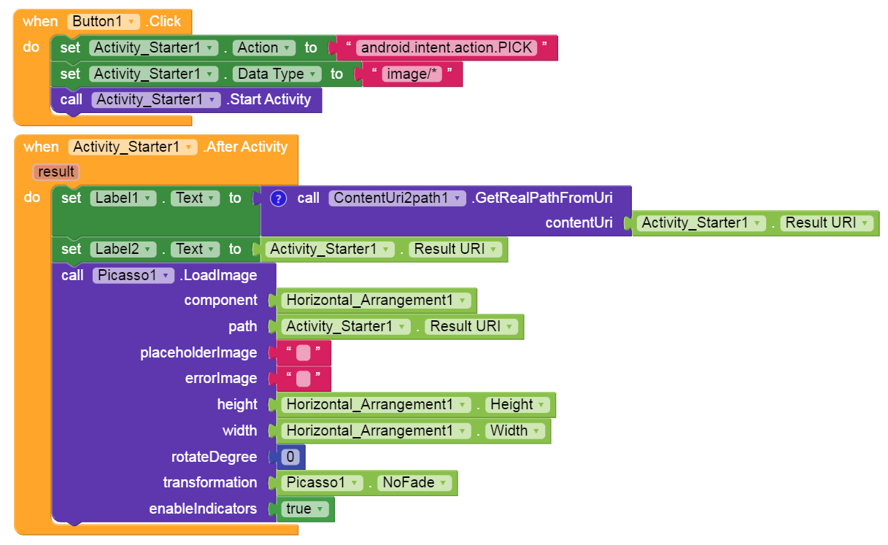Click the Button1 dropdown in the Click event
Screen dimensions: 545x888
103,21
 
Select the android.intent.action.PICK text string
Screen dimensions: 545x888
447,48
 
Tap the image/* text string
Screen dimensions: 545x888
412,74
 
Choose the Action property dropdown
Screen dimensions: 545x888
263,48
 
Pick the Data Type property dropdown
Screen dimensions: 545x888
277,74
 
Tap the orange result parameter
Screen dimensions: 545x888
56,172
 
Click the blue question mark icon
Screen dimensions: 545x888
277,198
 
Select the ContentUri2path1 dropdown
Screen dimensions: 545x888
396,198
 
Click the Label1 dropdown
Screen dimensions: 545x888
123,198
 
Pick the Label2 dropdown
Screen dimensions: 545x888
124,250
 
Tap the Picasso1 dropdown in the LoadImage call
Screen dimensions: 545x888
133,276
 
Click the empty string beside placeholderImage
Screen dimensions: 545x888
304,353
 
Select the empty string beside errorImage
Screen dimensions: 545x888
304,379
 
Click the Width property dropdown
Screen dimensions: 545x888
514,431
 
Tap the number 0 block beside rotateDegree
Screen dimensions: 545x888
290,457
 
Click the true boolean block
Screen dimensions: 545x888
304,509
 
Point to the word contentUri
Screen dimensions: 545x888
579,223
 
